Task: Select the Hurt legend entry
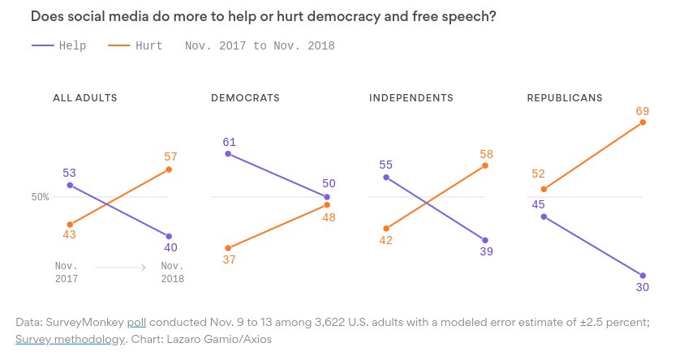coord(135,46)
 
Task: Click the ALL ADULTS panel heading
coord(85,98)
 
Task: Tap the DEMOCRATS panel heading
coord(245,98)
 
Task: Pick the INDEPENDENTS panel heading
coord(411,98)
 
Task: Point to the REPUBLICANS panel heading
coord(565,98)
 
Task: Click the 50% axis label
coord(41,197)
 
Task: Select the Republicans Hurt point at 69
coord(643,122)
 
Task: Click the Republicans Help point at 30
coord(643,276)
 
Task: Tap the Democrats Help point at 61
coord(229,153)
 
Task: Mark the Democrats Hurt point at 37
coord(229,248)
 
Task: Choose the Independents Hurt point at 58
coord(485,165)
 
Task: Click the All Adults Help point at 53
coord(71,186)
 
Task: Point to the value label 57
coord(170,156)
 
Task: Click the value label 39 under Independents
coord(485,252)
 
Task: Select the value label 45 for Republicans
coord(537,204)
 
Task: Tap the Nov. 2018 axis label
coord(172,272)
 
